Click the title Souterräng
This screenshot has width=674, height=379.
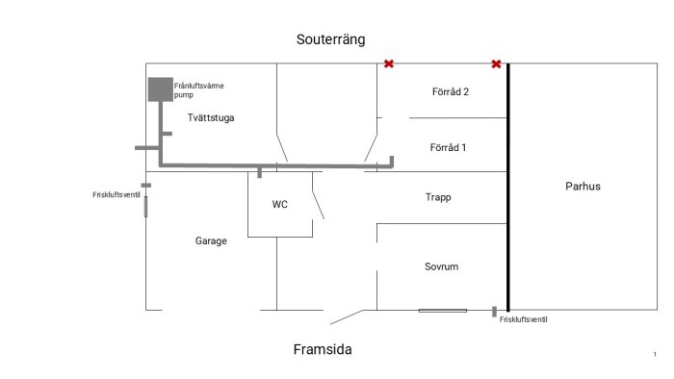click(x=330, y=40)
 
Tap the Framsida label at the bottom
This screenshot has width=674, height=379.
click(x=323, y=350)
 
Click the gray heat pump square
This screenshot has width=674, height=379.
click(x=159, y=89)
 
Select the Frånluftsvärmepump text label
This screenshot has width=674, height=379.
click(x=199, y=90)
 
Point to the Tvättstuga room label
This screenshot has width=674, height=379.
click(x=211, y=118)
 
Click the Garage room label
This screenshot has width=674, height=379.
click(x=211, y=241)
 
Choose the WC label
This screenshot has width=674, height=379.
click(x=280, y=204)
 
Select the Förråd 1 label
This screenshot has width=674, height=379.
click(x=449, y=148)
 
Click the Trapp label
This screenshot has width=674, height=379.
click(x=438, y=197)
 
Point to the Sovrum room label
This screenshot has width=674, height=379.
click(x=440, y=266)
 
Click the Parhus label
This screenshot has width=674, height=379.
click(x=583, y=186)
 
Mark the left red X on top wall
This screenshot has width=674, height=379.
click(x=389, y=64)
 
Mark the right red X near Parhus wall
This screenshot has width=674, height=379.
click(x=496, y=64)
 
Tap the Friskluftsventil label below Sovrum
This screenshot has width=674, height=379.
click(x=524, y=319)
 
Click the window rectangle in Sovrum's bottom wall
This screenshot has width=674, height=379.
click(x=442, y=310)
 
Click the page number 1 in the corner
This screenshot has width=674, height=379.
click(x=655, y=355)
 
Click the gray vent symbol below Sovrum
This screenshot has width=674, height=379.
click(x=494, y=312)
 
